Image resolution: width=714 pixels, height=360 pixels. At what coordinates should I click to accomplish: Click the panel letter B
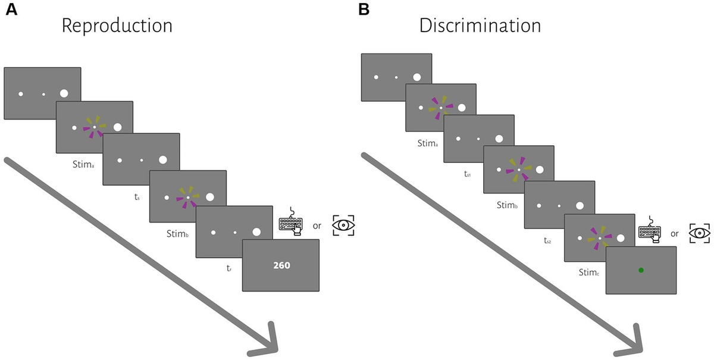point(364,10)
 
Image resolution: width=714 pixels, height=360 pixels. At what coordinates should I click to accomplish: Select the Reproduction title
point(117,26)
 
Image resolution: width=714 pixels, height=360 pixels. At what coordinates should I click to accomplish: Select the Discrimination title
point(480,26)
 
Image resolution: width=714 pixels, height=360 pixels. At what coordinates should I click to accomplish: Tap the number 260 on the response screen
point(281,265)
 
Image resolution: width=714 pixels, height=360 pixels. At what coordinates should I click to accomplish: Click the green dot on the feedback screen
point(641,270)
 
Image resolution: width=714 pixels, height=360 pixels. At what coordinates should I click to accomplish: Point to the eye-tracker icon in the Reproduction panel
point(343,225)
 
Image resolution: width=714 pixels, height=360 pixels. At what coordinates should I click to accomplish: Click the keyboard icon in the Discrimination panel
point(650,231)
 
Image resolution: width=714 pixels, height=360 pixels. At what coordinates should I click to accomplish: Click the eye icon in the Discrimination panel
point(700,233)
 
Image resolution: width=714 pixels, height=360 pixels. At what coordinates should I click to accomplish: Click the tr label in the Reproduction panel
point(228,269)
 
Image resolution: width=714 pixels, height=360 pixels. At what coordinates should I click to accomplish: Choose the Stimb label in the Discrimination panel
point(508,205)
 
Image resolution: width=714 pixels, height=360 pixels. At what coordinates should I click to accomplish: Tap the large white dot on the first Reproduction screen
point(64,93)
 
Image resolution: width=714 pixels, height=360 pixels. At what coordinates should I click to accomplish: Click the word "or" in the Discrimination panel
point(674,234)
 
